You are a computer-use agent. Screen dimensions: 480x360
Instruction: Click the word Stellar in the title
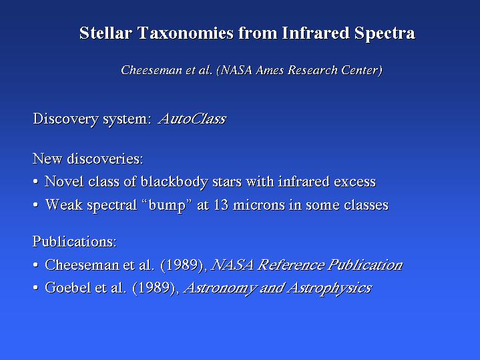point(105,33)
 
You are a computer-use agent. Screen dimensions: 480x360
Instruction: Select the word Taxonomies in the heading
point(186,33)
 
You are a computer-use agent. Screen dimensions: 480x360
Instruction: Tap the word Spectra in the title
point(385,33)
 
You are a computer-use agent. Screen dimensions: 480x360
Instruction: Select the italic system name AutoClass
point(192,119)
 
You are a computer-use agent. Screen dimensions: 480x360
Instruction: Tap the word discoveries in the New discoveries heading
point(105,159)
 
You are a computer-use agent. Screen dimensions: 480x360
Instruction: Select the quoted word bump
point(167,205)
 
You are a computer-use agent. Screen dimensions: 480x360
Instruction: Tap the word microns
point(259,204)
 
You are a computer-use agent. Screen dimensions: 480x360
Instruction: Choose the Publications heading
point(75,241)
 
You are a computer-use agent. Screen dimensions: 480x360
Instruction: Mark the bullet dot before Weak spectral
point(35,205)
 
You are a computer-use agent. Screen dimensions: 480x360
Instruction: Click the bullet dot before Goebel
point(35,288)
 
